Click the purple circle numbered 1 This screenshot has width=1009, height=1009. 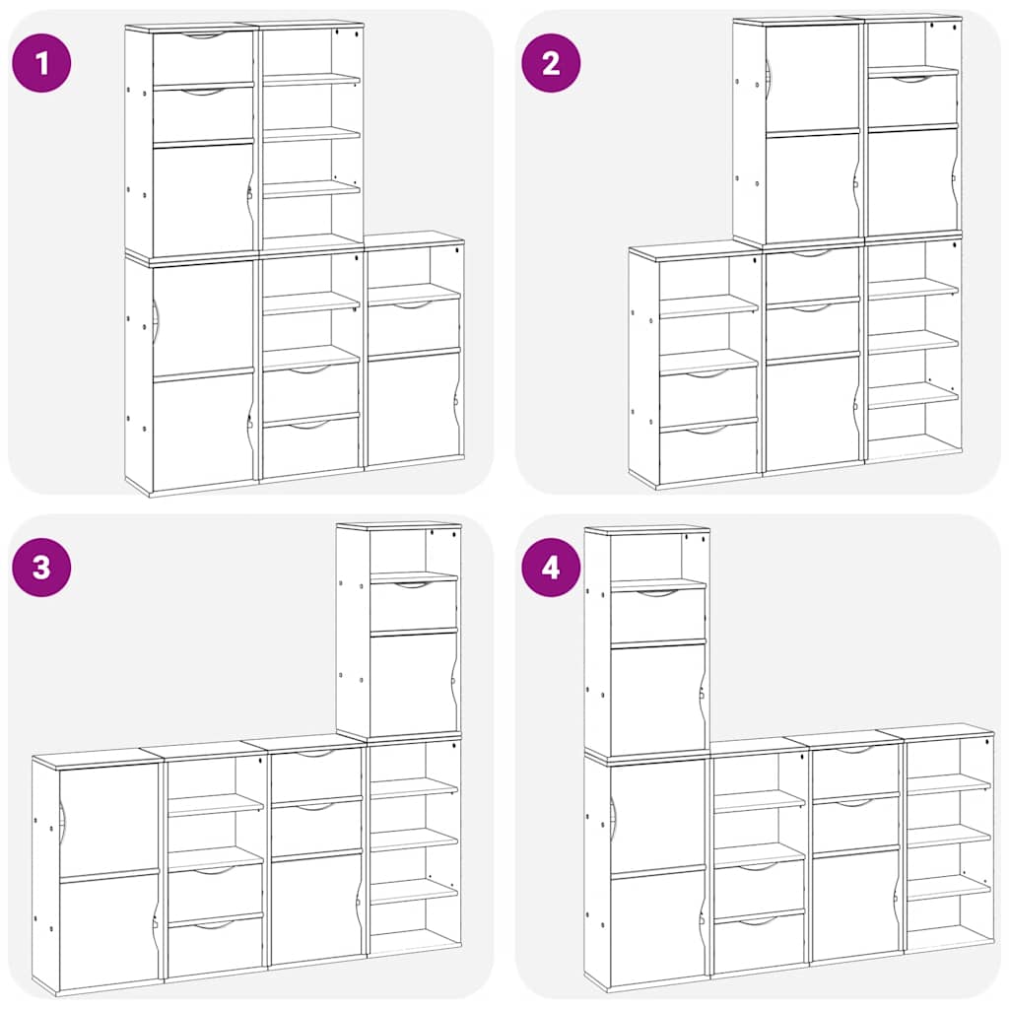tap(41, 63)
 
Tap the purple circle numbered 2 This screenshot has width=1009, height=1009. tap(551, 63)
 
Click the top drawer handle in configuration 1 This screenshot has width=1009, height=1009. tap(204, 35)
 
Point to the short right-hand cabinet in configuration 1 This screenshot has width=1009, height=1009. tap(414, 355)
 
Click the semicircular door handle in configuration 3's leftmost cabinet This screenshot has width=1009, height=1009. tap(62, 816)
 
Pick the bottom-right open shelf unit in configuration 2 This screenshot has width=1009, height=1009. tap(913, 350)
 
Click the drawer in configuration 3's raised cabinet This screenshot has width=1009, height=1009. tap(413, 603)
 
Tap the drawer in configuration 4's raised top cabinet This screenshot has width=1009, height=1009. tap(657, 614)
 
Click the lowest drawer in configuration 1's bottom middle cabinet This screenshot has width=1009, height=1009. tap(310, 448)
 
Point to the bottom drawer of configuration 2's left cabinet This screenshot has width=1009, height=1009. tap(707, 451)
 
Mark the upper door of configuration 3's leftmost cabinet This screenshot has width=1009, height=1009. tap(108, 818)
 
